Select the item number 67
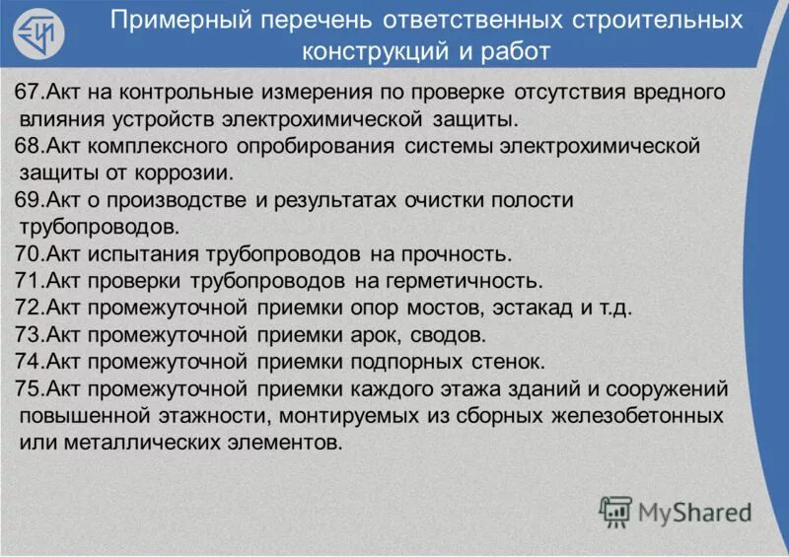coord(28,93)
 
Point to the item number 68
coord(28,147)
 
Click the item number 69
coord(28,200)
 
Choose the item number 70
coord(28,253)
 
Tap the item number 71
coord(28,280)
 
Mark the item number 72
coord(28,307)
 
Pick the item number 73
coord(28,333)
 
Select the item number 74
coord(28,360)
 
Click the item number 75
coord(28,387)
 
